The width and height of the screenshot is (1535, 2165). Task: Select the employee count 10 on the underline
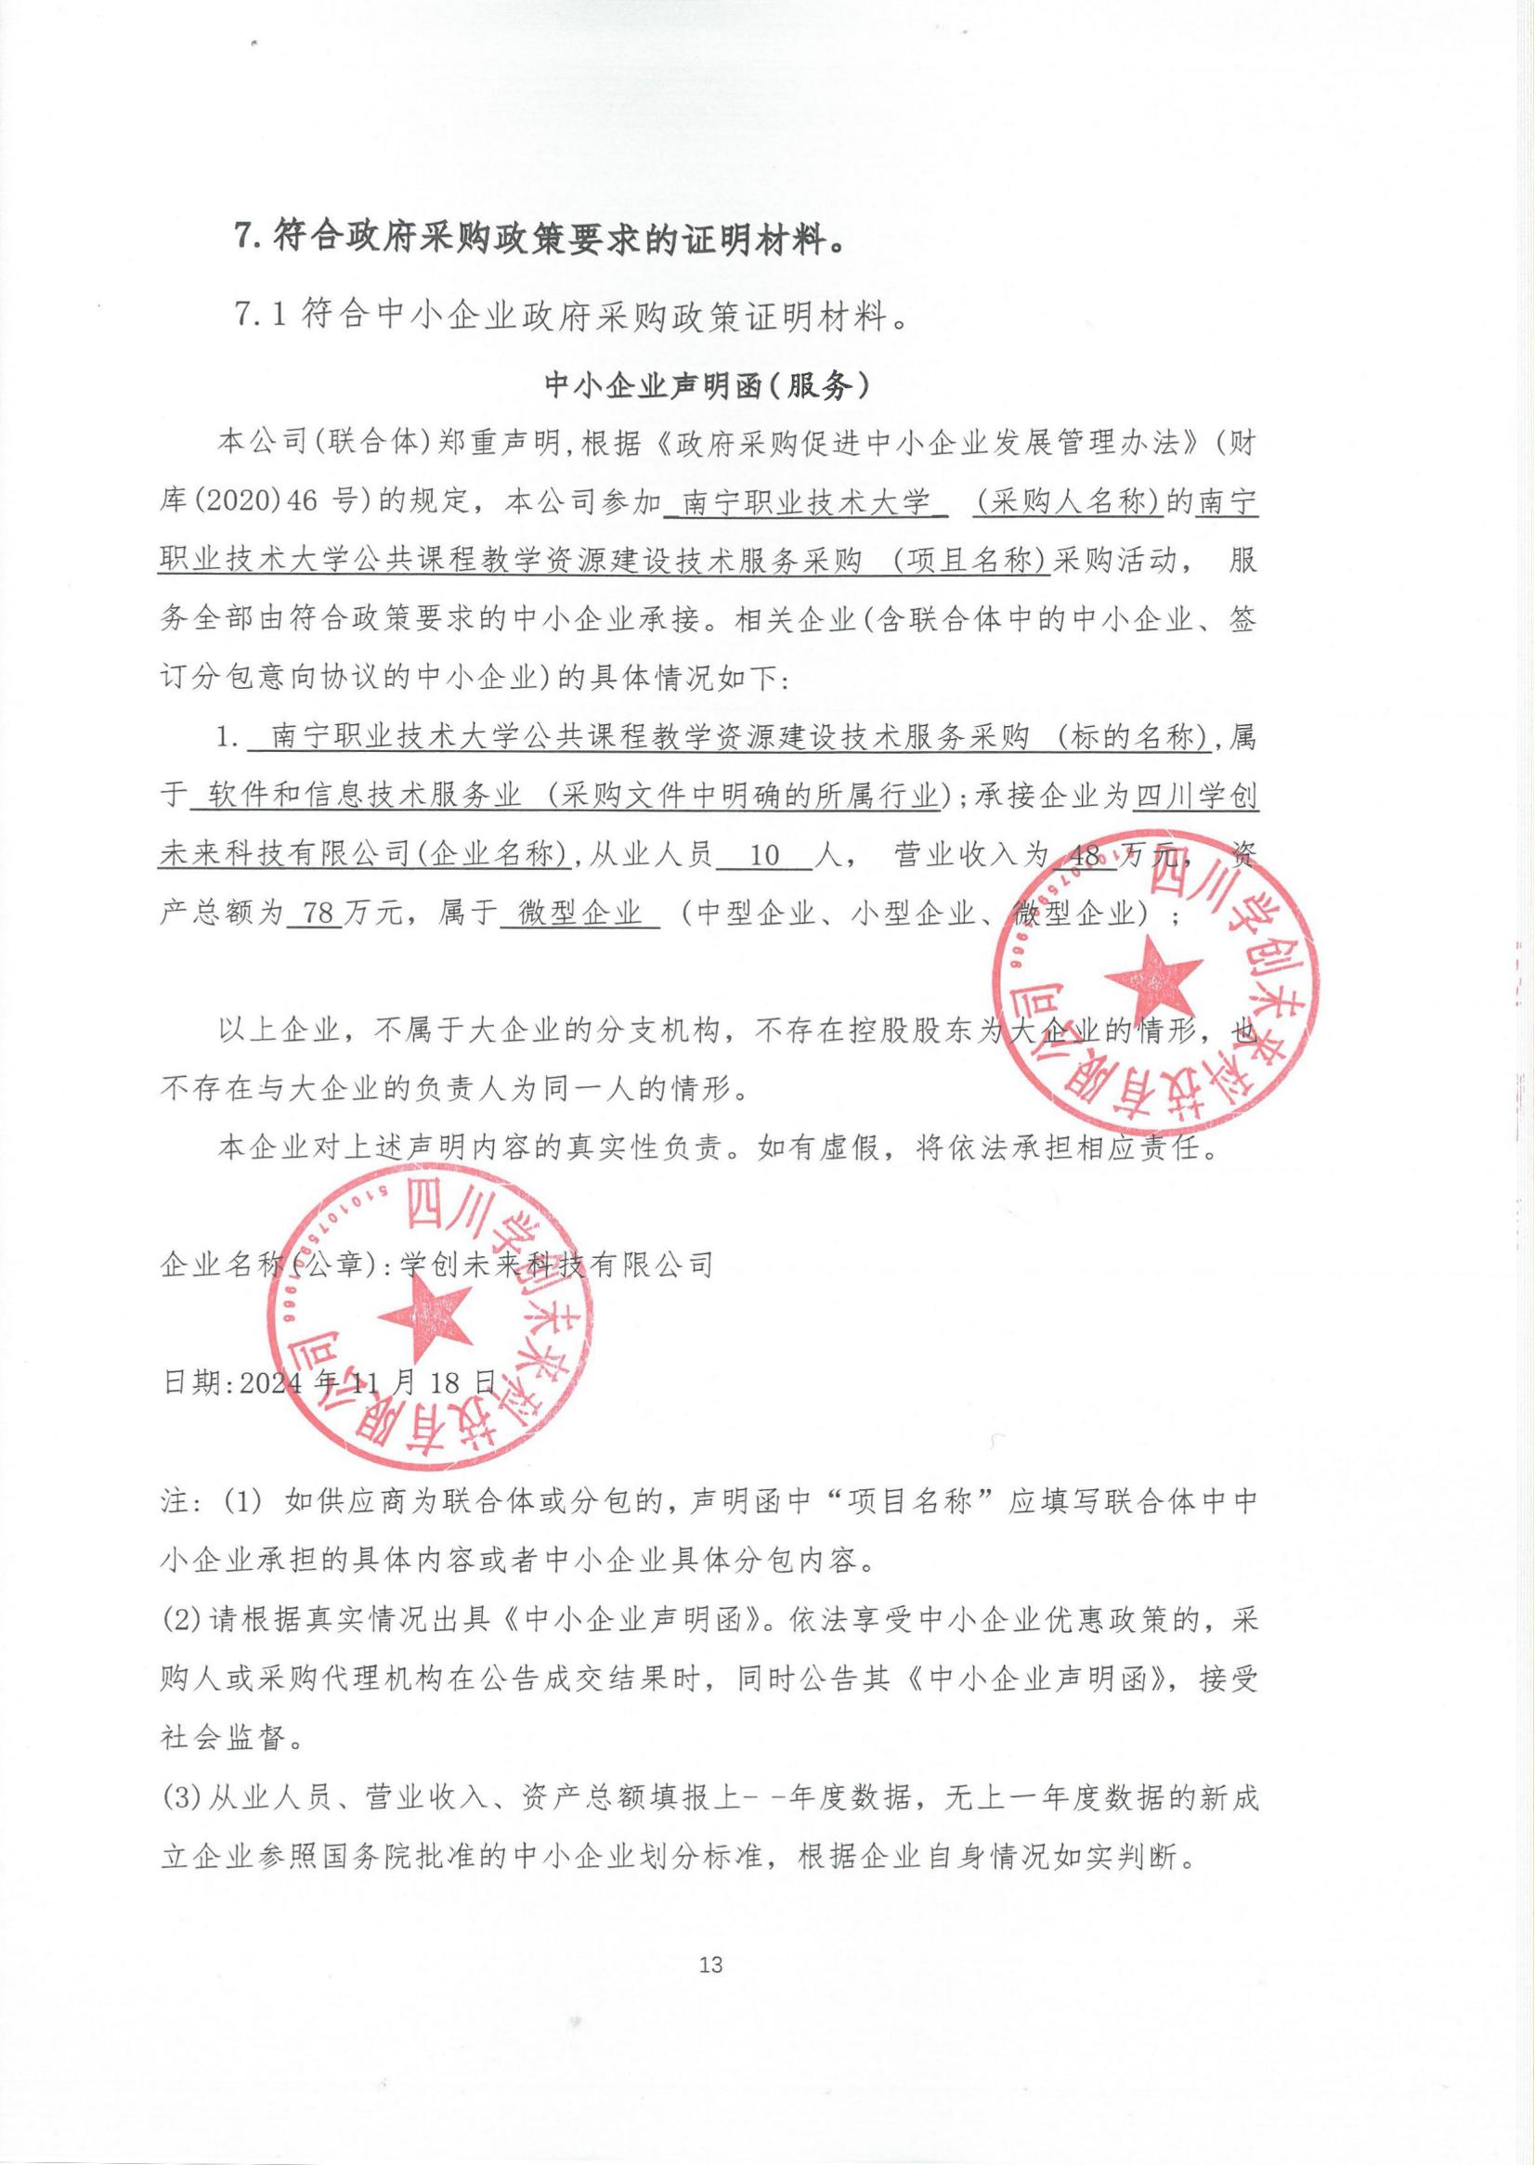pos(763,857)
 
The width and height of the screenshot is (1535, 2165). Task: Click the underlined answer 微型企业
pos(578,914)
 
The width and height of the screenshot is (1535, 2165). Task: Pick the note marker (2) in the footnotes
pos(181,1623)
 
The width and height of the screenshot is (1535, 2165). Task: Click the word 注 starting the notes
pos(175,1503)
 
